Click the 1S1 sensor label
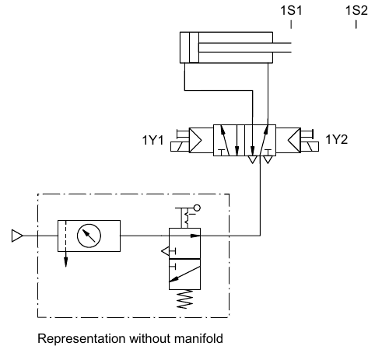[291, 11]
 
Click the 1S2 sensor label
[356, 11]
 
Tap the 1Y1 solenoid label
[153, 140]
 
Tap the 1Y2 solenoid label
[336, 139]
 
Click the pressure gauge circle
[89, 236]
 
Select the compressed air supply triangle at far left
[17, 236]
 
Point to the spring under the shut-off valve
[184, 299]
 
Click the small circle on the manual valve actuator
[197, 208]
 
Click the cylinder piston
[194, 47]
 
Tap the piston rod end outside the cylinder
[291, 47]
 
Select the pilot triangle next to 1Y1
[195, 141]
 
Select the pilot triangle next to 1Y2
[294, 141]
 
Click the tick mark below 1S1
[291, 24]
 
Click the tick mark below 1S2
[356, 24]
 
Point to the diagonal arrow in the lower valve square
[184, 274]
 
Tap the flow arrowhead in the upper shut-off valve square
[195, 236]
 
